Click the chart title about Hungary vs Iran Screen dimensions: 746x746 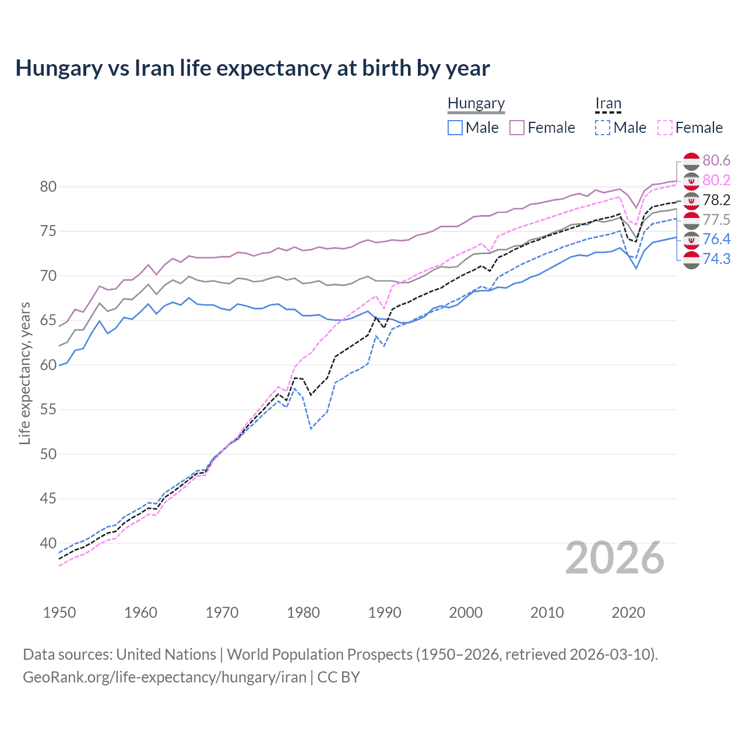click(x=252, y=68)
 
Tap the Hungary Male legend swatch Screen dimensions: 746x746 click(x=455, y=128)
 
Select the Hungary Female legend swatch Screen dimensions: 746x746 click(x=517, y=128)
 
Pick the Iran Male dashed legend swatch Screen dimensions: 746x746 click(x=603, y=128)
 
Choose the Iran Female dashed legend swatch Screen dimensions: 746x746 click(x=664, y=128)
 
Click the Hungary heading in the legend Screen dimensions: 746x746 click(x=476, y=104)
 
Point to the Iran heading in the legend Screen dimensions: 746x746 click(x=608, y=104)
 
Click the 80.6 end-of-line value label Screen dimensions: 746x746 click(x=716, y=160)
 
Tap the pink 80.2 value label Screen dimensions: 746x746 click(x=716, y=180)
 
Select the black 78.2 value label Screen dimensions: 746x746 click(x=716, y=200)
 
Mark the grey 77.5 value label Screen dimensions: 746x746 click(x=716, y=220)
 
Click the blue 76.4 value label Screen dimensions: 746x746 click(x=716, y=239)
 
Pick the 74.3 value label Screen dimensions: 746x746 click(x=716, y=259)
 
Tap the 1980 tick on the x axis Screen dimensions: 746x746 click(x=303, y=613)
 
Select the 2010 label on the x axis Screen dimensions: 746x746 click(x=547, y=613)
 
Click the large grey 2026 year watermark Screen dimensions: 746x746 click(x=615, y=558)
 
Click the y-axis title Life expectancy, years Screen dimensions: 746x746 click(x=24, y=373)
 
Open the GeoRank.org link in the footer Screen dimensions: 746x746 click(x=164, y=677)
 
